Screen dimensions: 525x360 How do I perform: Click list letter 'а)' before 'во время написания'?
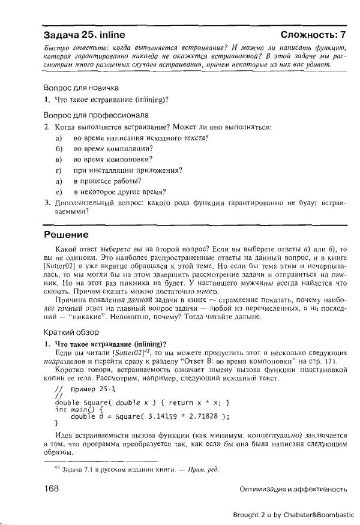click(x=59, y=138)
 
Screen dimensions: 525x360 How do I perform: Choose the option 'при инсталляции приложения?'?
click(x=128, y=170)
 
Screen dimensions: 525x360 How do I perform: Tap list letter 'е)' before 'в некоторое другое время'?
click(x=59, y=192)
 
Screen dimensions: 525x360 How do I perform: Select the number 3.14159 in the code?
click(x=160, y=416)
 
